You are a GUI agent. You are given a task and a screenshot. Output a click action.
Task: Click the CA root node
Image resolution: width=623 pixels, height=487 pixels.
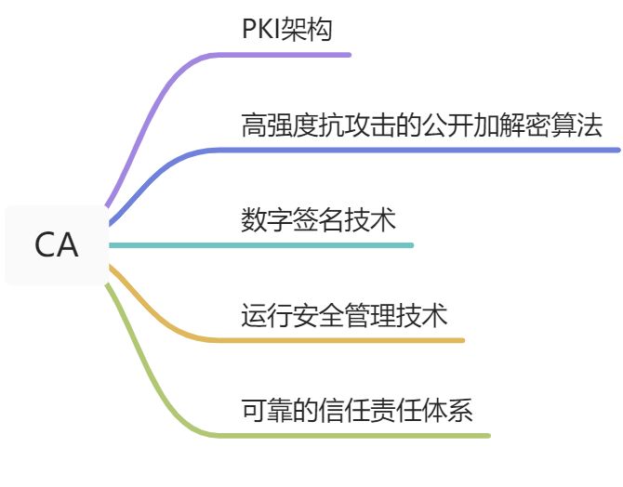[x=57, y=245]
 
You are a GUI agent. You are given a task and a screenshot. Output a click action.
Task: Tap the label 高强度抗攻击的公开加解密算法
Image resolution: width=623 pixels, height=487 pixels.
[x=422, y=125]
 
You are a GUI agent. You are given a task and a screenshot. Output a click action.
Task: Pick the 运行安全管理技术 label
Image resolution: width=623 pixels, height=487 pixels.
[x=344, y=315]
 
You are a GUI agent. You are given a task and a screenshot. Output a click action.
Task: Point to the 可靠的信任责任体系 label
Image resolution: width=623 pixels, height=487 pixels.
[x=357, y=410]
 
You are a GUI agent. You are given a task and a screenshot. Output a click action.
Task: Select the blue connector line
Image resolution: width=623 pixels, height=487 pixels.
[x=418, y=150]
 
